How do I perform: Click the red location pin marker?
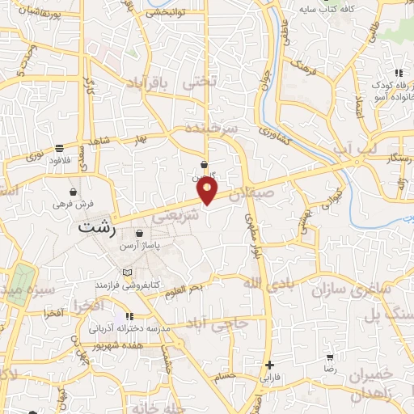[x=208, y=190]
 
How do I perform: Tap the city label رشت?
[x=96, y=230]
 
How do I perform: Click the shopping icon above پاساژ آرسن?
[x=139, y=233]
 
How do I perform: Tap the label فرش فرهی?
[x=79, y=205]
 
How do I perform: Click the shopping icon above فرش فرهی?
[x=74, y=192]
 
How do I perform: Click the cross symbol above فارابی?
[x=269, y=365]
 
